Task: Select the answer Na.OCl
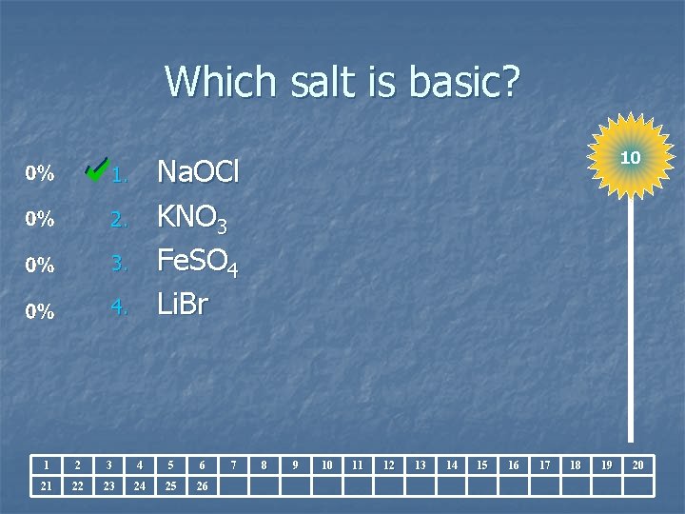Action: [x=198, y=173]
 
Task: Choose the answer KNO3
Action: [x=191, y=219]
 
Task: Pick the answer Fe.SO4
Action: [x=197, y=264]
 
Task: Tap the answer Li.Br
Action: [x=182, y=306]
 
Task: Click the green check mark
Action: [x=95, y=168]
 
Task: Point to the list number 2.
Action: [x=119, y=221]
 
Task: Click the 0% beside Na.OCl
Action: [x=39, y=174]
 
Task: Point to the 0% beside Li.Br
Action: [x=39, y=311]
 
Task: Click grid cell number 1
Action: [x=46, y=465]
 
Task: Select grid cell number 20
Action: [x=638, y=465]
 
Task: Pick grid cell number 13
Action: [x=421, y=465]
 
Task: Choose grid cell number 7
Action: [x=233, y=465]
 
